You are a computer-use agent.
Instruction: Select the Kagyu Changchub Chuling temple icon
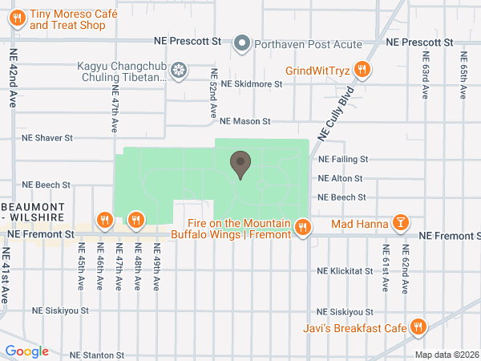coord(179,71)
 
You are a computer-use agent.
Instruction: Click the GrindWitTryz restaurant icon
coord(362,70)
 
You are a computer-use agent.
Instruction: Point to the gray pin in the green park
coord(240,165)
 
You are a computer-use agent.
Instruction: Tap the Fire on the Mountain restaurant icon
coord(302,228)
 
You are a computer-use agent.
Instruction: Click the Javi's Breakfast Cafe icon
coord(418,327)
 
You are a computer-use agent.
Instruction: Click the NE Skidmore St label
coord(253,83)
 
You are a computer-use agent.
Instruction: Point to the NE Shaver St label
coord(47,137)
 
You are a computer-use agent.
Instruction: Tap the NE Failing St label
coord(342,160)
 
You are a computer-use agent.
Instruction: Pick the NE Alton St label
coord(341,178)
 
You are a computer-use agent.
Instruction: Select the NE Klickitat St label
coord(346,272)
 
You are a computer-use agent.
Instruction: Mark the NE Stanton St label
coord(97,354)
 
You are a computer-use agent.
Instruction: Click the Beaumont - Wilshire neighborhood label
coord(38,212)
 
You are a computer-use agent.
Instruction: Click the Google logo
coord(26,351)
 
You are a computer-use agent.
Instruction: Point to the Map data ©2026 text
coord(445,355)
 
